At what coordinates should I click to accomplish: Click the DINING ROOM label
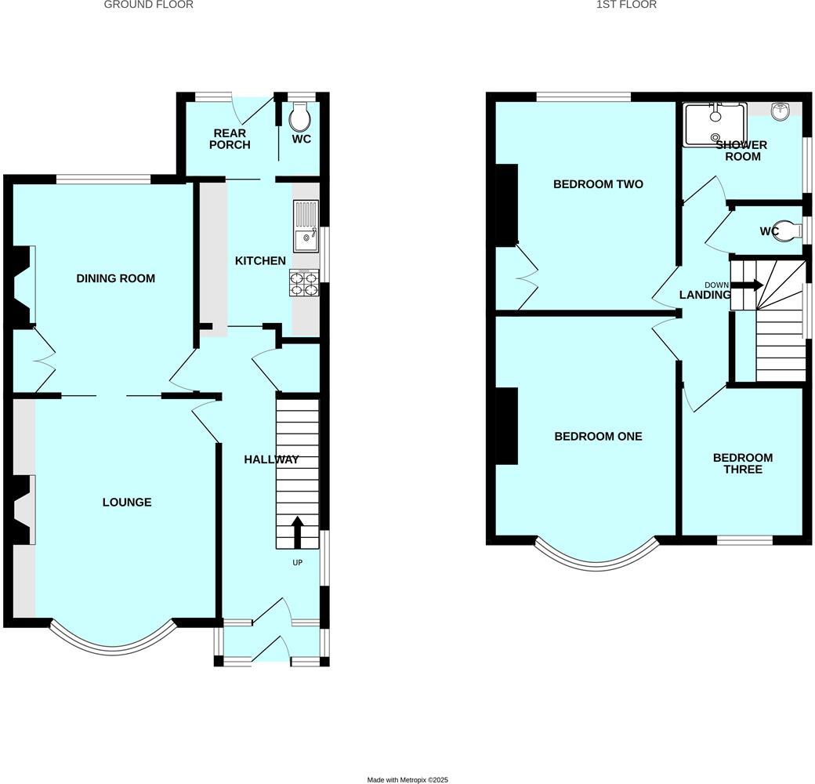tap(115, 278)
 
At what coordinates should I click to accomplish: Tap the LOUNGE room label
tap(127, 502)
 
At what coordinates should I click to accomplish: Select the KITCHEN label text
tap(260, 260)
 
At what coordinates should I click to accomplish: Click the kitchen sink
tap(306, 226)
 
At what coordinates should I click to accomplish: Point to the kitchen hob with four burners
tap(305, 283)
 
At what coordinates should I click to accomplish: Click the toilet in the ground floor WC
tap(299, 118)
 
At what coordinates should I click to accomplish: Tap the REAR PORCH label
tap(230, 139)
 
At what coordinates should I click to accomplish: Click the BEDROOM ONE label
tap(598, 436)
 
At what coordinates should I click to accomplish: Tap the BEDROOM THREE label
tap(742, 463)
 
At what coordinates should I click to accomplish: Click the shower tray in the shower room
tap(715, 125)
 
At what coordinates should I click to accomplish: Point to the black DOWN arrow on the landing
tap(747, 285)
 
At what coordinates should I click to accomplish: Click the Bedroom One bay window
tap(597, 557)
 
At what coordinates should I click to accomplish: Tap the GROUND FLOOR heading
tap(148, 5)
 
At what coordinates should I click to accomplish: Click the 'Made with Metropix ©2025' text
tap(407, 779)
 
